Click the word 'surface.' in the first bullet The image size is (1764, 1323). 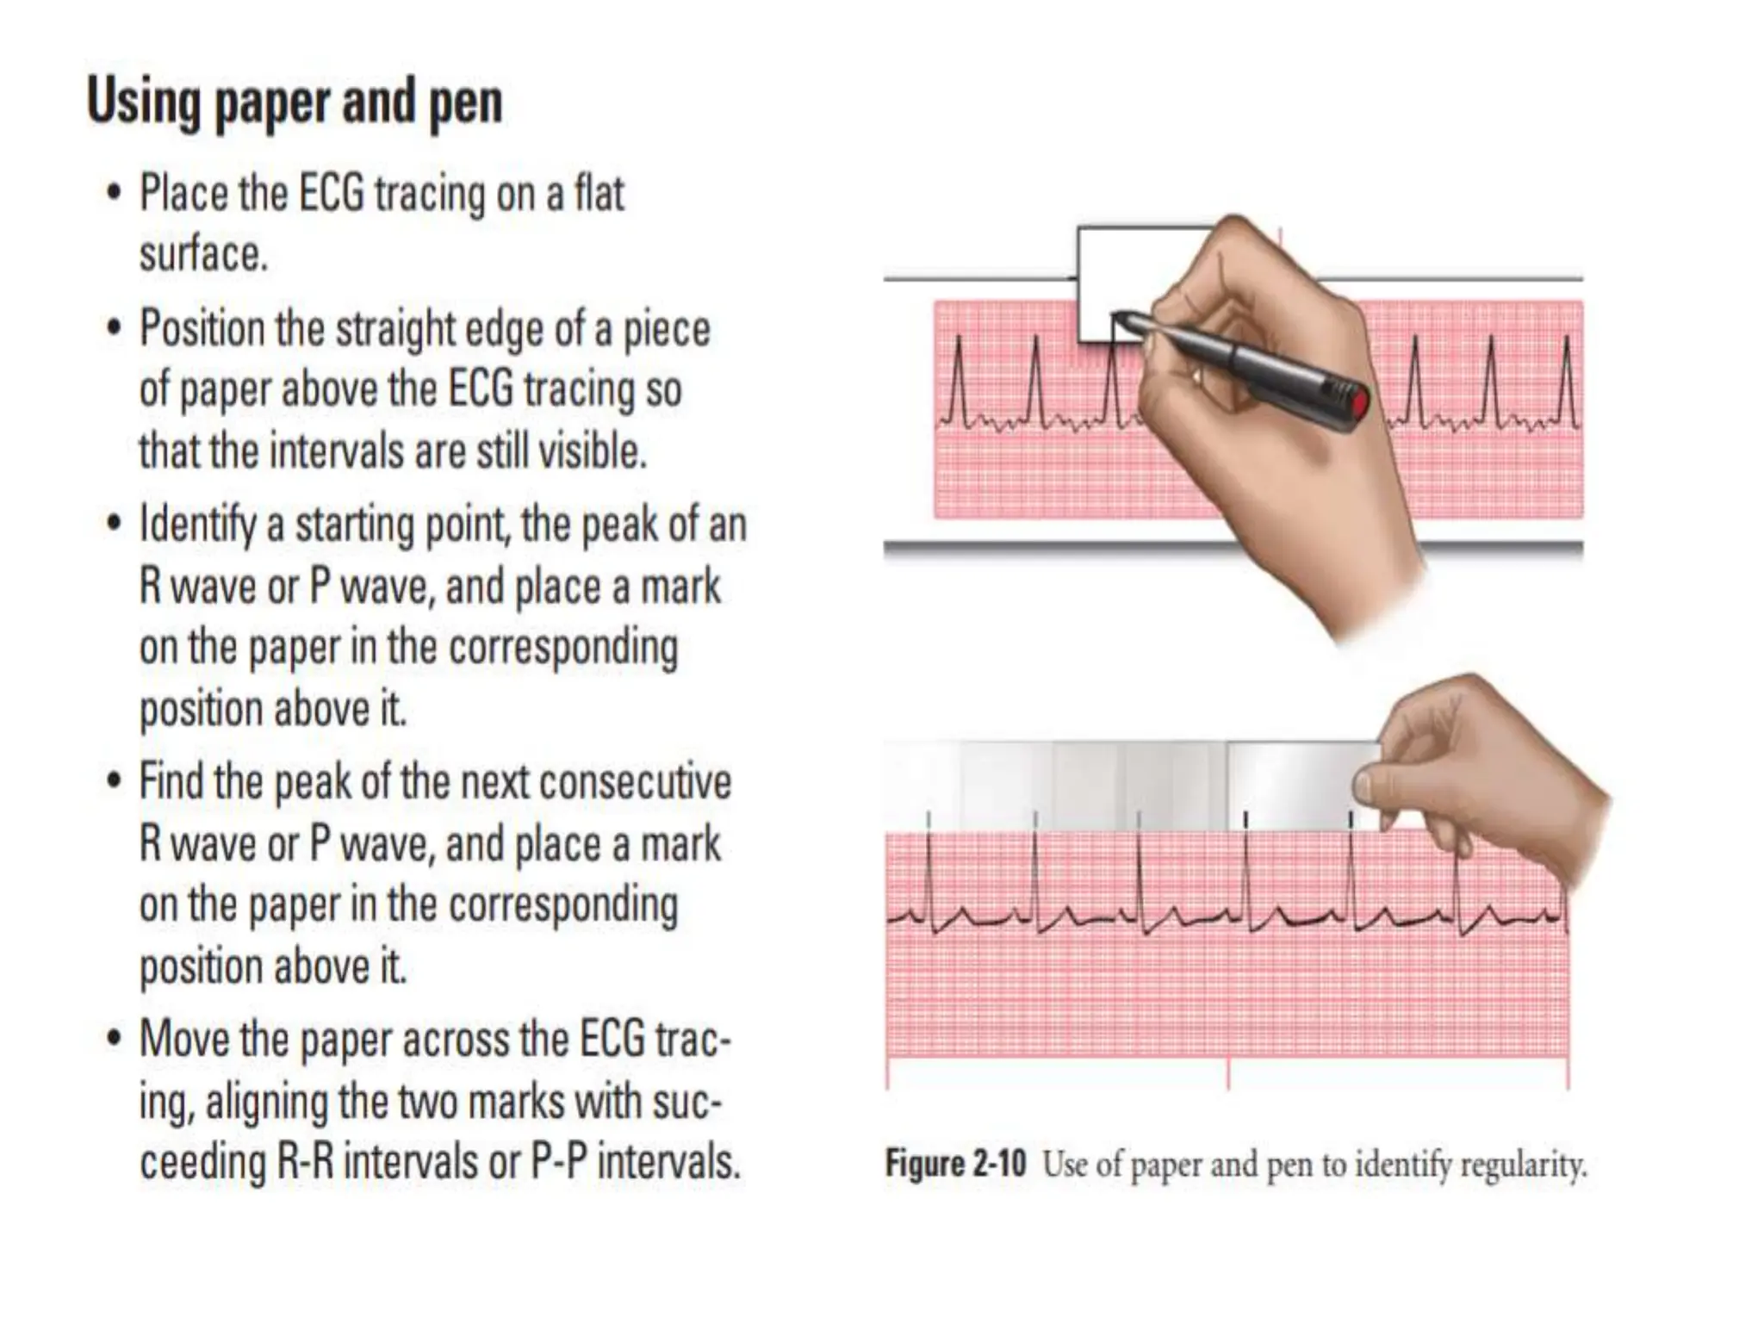point(203,254)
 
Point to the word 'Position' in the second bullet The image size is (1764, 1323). point(202,330)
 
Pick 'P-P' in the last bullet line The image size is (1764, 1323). point(558,1163)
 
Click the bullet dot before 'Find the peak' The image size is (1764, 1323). point(114,782)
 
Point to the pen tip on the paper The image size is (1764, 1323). point(1118,316)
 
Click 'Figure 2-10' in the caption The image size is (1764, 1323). point(955,1165)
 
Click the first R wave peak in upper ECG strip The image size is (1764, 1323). point(958,339)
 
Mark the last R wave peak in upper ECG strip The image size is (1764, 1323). point(1568,339)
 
